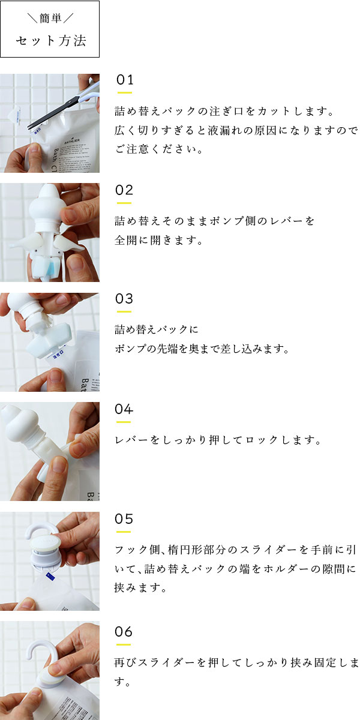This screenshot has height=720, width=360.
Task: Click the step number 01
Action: tap(125, 80)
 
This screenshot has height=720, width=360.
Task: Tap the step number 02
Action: tap(124, 190)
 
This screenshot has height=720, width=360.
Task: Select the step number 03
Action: tap(124, 299)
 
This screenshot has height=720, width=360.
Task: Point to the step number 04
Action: tap(124, 409)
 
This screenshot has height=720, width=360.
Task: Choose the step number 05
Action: tap(124, 519)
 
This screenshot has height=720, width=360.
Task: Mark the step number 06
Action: tap(124, 632)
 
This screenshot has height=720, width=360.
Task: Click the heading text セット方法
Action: tap(51, 41)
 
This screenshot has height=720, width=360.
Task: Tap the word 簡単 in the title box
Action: tap(50, 19)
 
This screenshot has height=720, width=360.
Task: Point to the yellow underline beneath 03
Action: tap(124, 311)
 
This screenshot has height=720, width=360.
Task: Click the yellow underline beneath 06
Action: tap(124, 644)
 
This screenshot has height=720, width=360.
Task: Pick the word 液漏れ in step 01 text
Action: tap(226, 131)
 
